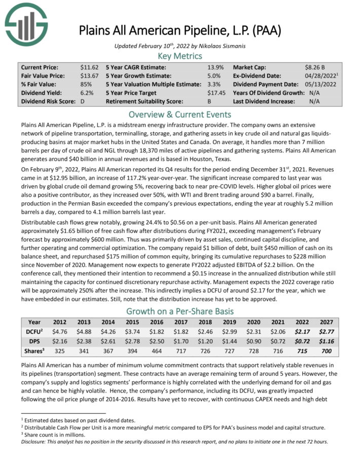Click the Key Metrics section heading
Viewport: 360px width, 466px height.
180,56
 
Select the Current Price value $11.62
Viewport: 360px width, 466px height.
89,67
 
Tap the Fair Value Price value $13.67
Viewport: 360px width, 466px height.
89,76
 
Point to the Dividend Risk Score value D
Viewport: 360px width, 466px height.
83,101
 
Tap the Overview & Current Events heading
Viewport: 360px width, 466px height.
180,114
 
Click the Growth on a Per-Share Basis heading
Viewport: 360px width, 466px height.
180,311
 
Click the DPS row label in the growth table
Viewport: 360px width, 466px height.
34,340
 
